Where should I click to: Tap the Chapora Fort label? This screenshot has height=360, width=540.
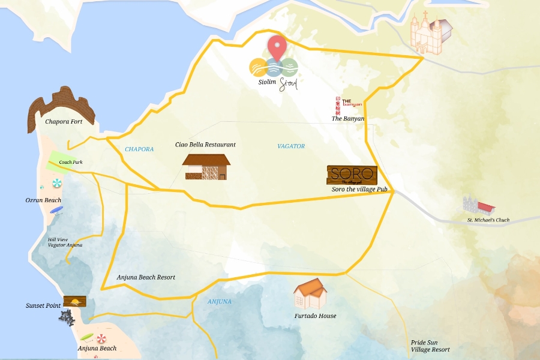pyautogui.click(x=72, y=121)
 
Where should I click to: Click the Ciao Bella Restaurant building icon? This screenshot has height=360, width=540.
pyautogui.click(x=206, y=167)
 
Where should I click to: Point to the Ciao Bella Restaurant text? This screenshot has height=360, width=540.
pyautogui.click(x=205, y=145)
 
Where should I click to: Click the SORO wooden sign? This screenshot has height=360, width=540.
pyautogui.click(x=352, y=175)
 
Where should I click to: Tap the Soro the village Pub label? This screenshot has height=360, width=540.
pyautogui.click(x=360, y=190)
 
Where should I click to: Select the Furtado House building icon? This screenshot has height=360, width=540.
pyautogui.click(x=311, y=293)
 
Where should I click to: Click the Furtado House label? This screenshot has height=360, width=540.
pyautogui.click(x=315, y=316)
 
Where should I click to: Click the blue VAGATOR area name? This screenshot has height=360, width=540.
pyautogui.click(x=291, y=146)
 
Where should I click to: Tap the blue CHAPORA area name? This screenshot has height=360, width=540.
pyautogui.click(x=139, y=149)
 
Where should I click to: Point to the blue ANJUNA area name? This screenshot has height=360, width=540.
pyautogui.click(x=220, y=301)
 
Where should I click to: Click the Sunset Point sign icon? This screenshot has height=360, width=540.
pyautogui.click(x=74, y=301)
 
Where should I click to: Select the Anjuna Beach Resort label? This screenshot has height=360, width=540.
pyautogui.click(x=146, y=277)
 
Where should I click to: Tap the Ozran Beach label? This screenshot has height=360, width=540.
pyautogui.click(x=43, y=200)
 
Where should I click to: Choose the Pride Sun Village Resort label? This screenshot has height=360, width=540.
pyautogui.click(x=430, y=345)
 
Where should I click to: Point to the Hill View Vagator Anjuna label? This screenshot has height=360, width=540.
pyautogui.click(x=65, y=242)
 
